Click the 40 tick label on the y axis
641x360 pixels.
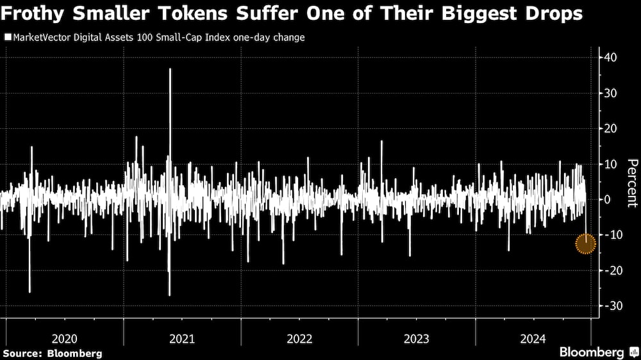pos(610,58)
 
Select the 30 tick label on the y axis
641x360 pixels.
pos(610,93)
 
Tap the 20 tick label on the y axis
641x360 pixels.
pos(610,129)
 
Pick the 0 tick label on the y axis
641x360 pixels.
pos(606,200)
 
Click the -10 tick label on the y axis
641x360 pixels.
pos(611,235)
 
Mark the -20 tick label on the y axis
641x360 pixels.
pos(611,271)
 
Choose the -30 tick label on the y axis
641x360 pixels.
pos(611,306)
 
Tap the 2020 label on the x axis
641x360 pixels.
pos(65,338)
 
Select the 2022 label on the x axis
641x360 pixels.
pos(299,338)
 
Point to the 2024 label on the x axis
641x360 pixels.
pos(533,338)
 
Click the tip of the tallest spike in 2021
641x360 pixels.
pos(170,69)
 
